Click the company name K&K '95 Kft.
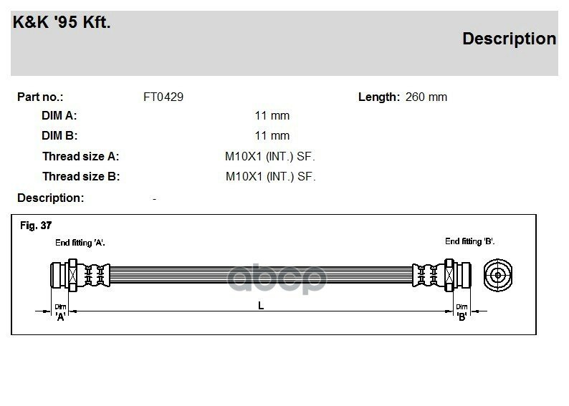[62, 22]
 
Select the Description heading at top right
[509, 39]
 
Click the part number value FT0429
[163, 97]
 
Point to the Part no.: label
[40, 97]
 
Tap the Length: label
[378, 97]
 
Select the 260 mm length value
[426, 97]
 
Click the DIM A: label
[59, 115]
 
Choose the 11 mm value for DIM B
[272, 135]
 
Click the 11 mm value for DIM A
[272, 115]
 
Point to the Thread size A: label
[80, 156]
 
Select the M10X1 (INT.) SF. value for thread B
[270, 176]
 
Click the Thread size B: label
[80, 176]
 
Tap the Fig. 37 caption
[36, 226]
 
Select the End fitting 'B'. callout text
[469, 241]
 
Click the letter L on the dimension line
[261, 306]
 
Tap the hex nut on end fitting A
[72, 274]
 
